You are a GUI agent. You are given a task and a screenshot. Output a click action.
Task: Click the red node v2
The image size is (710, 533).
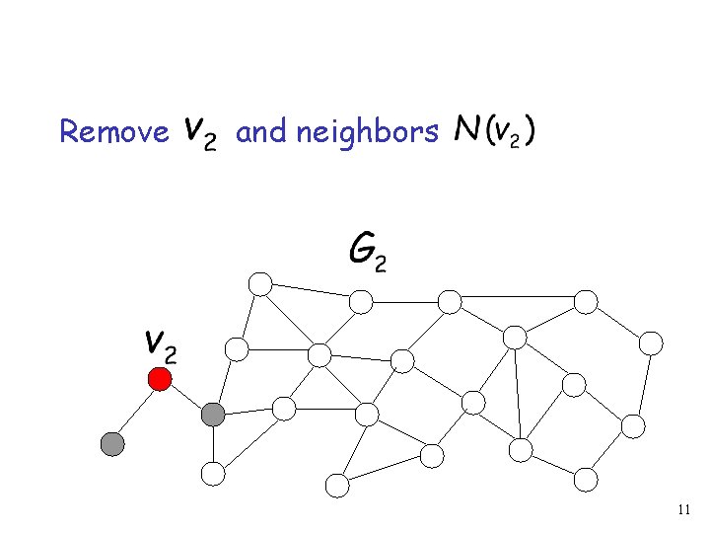[159, 378]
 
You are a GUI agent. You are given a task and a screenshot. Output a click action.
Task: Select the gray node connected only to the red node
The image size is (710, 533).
[113, 444]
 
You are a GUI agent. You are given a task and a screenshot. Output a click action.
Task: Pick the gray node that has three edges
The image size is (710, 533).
[213, 416]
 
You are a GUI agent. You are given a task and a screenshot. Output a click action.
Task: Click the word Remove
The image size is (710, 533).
[114, 131]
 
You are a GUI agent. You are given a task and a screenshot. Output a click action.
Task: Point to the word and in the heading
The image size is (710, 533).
[260, 131]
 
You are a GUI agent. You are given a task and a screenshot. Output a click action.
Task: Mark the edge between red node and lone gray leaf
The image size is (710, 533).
[136, 412]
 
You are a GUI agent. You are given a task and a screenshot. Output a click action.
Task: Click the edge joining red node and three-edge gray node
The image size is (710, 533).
[186, 397]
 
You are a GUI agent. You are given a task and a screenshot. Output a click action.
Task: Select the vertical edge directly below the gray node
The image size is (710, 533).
[213, 445]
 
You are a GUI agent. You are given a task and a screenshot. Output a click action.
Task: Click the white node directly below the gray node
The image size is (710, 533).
[213, 474]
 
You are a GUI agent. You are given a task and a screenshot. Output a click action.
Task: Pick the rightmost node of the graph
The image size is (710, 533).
[651, 343]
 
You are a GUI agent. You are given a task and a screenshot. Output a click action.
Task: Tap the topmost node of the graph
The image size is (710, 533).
[260, 284]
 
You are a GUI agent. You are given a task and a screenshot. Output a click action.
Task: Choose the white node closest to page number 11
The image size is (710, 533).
[586, 480]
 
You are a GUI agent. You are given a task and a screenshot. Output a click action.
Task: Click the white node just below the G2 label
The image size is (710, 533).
[362, 300]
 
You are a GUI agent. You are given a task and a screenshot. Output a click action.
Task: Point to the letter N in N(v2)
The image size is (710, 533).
[464, 129]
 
